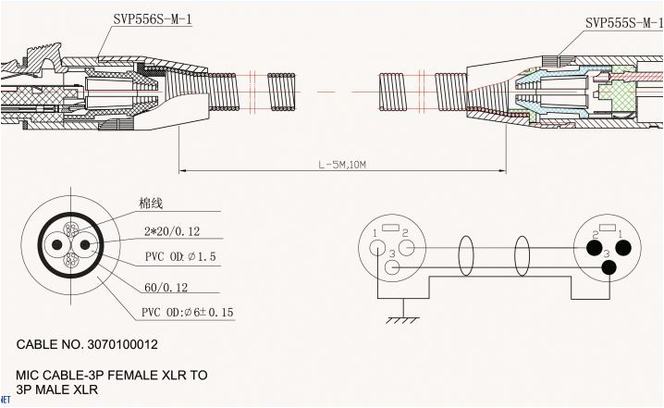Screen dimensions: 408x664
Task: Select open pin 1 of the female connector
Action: [x=376, y=247]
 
